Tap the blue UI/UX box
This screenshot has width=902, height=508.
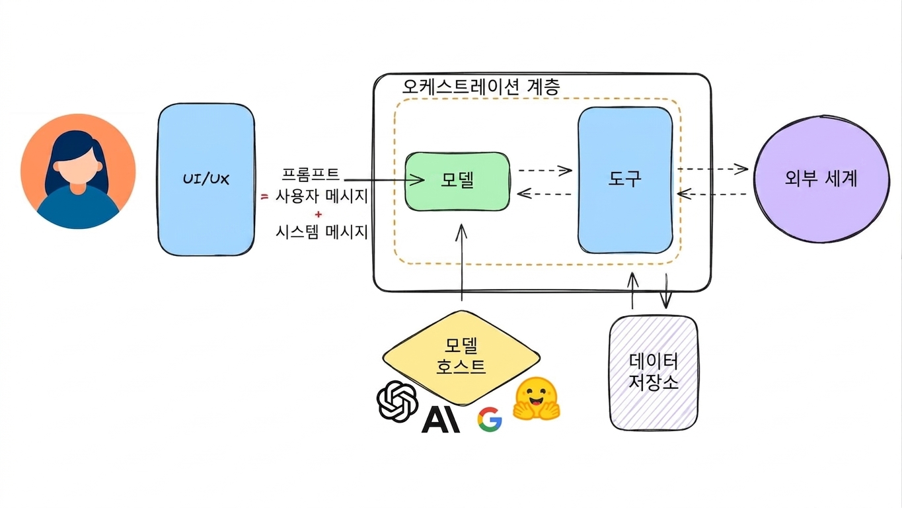point(206,179)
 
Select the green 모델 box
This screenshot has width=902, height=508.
point(457,181)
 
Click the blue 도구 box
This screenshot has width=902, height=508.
point(625,180)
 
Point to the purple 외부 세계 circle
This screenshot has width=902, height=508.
point(821,179)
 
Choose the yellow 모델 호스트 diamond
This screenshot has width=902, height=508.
point(461,358)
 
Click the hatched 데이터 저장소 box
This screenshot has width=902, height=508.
point(654,373)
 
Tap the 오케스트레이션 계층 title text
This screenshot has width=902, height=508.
point(481,86)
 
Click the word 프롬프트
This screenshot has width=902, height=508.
point(311,174)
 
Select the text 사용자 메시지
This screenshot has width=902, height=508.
point(322,196)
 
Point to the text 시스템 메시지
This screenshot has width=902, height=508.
point(322,232)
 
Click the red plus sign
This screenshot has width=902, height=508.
point(319,214)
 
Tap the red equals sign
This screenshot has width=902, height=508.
point(264,196)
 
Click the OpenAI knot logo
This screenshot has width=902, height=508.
point(397,401)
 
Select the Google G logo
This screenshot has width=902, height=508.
point(490,419)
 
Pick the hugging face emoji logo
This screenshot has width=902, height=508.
point(536,399)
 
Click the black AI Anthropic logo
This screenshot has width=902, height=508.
point(441,420)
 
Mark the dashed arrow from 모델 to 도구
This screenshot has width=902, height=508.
point(545,170)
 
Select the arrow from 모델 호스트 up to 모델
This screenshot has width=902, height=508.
point(461,262)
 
